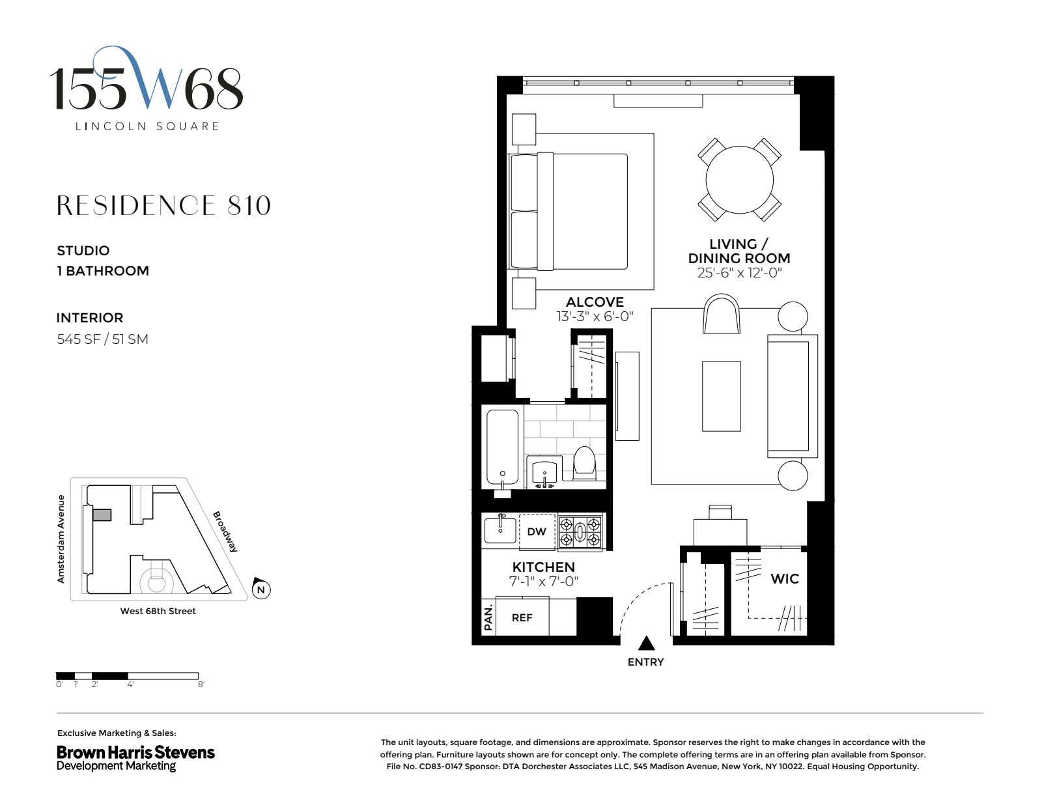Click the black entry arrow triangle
click(646, 643)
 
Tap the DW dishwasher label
click(537, 532)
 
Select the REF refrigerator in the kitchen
click(522, 617)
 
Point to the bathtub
click(502, 448)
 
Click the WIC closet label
click(784, 579)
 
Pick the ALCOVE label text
click(595, 302)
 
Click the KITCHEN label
click(543, 567)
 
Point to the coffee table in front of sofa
click(721, 396)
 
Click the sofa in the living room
click(792, 395)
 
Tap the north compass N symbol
click(261, 590)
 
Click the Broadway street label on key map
click(225, 531)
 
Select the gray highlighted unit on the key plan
click(102, 515)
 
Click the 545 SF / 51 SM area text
click(102, 339)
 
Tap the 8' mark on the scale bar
click(201, 685)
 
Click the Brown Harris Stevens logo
click(135, 757)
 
